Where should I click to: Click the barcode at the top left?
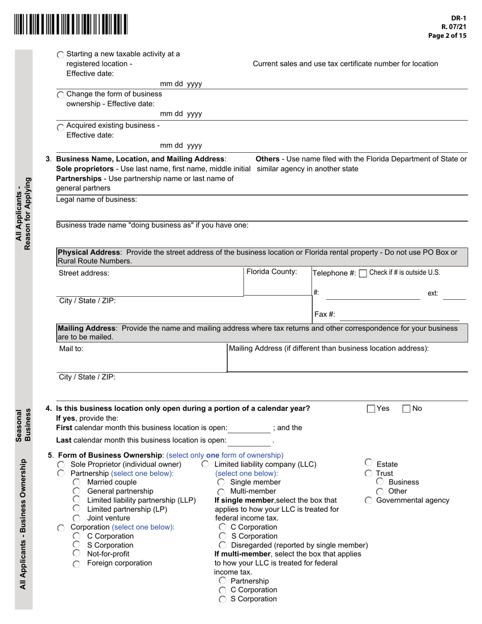[x=71, y=24]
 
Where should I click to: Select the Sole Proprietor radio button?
[x=61, y=465]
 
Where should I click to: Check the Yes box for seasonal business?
[x=371, y=409]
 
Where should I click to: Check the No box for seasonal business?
[x=406, y=409]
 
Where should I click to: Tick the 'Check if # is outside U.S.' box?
[x=363, y=273]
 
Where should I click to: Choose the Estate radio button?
[x=368, y=463]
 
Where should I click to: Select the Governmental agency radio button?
[x=368, y=501]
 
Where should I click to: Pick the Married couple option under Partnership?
[x=76, y=482]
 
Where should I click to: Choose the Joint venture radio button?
[x=76, y=518]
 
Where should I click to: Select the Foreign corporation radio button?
[x=76, y=564]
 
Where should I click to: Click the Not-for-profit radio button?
[x=76, y=553]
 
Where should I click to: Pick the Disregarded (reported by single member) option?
[x=222, y=545]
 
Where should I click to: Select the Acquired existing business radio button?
[x=61, y=127]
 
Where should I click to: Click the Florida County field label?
[x=271, y=272]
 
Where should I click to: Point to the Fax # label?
[x=325, y=315]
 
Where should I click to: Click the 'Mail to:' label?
[x=71, y=349]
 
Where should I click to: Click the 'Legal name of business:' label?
[x=96, y=199]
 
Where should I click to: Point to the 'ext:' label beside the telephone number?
[x=433, y=293]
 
